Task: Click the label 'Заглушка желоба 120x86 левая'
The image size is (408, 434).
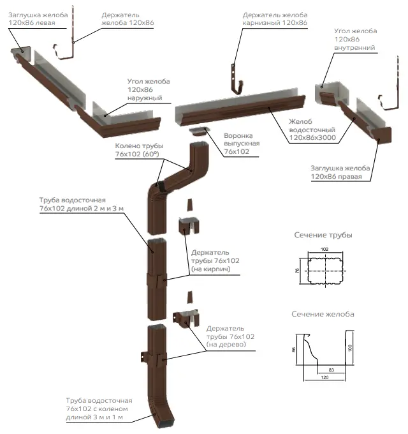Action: coord(38,19)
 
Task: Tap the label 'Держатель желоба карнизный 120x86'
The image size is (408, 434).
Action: coord(275,19)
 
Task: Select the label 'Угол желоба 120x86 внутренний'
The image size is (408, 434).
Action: coord(355,39)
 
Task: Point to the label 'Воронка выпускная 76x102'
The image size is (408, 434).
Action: coord(242,144)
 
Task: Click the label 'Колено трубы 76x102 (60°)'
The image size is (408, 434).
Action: coord(139,150)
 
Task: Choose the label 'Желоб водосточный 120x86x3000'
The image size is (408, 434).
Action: coord(312,130)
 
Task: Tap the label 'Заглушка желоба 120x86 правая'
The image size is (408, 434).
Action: coord(340,172)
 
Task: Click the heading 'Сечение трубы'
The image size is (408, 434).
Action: coord(323,235)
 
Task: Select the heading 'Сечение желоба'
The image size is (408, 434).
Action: coord(323,314)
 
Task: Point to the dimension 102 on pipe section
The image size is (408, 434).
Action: coord(324,249)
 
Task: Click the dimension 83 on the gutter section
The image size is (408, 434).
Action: coord(331,370)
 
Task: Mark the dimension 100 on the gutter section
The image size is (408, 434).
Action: coord(350,348)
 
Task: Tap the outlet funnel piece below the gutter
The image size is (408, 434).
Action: coord(198,131)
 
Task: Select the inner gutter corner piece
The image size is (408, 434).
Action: coord(332,94)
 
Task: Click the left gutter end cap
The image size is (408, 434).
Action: coord(21,54)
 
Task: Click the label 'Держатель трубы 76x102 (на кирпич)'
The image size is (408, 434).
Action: coord(215,261)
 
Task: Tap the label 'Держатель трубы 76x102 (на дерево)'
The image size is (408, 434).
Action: coord(230,336)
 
